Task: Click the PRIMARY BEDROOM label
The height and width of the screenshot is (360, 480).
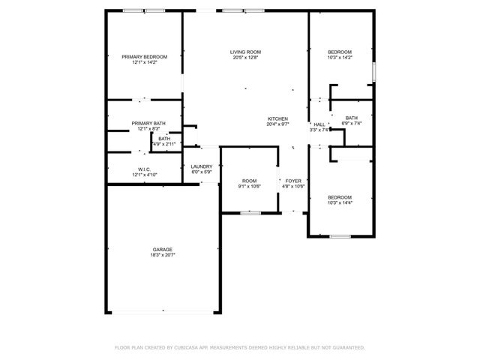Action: (145, 57)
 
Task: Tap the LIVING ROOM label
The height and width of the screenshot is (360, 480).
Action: (245, 52)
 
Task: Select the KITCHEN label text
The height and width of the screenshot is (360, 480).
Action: (278, 119)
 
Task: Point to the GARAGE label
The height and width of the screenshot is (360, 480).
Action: (163, 249)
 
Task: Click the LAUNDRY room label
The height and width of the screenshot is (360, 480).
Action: (201, 166)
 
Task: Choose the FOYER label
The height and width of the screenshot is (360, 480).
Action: (293, 181)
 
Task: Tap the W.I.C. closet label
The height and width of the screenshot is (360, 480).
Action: (145, 169)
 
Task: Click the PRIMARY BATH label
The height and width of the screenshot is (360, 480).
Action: (148, 123)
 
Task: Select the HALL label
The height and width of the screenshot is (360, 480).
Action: (319, 124)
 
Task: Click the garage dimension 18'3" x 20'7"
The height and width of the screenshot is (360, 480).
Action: (163, 255)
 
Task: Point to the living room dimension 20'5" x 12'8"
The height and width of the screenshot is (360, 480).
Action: (245, 58)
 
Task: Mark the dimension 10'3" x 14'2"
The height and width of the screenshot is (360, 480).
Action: (339, 58)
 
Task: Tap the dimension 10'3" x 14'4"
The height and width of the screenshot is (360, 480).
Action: (339, 203)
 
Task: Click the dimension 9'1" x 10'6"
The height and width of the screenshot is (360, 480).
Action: (249, 187)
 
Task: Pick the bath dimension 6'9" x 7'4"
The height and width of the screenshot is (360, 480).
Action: (352, 124)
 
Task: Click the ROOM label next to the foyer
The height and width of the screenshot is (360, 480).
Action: (249, 181)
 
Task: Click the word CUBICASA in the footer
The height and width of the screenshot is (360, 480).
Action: (187, 348)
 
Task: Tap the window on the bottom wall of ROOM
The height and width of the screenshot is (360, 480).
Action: (250, 213)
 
